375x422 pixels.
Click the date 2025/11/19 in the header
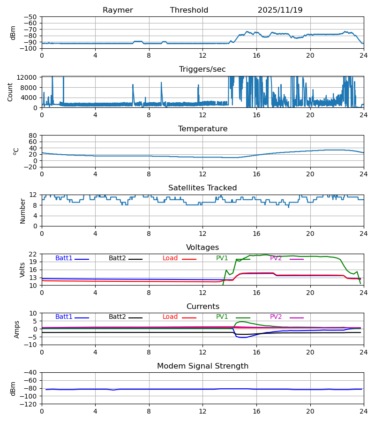[280, 10]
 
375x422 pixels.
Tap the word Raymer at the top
[118, 10]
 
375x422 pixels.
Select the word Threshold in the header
[189, 10]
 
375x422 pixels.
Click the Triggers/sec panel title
[202, 69]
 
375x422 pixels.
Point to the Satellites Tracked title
[202, 188]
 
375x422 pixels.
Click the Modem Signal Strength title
[202, 366]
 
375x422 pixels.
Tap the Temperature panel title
[202, 129]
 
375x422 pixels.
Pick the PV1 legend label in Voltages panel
[222, 258]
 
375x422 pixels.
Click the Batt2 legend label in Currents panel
[117, 317]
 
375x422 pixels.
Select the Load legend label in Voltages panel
[170, 258]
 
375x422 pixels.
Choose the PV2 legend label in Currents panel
[276, 317]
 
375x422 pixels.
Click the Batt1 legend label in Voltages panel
[64, 258]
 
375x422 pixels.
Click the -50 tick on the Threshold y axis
[31, 17]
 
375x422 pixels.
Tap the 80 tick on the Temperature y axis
[33, 136]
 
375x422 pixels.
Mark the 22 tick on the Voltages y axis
[33, 254]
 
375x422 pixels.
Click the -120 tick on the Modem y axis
[29, 404]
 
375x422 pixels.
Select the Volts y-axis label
[22, 270]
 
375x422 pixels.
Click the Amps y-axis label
[17, 329]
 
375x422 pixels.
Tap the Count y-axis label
[10, 92]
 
